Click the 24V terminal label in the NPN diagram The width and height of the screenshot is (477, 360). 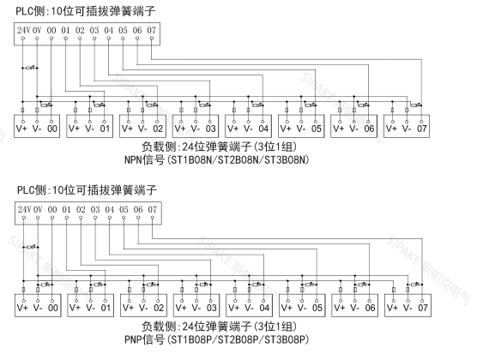23,32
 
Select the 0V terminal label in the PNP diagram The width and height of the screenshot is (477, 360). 38,208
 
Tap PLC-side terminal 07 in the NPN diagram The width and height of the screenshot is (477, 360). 152,32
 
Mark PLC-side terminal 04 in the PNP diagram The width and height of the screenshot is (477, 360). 109,208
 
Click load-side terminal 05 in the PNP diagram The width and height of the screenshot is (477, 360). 317,306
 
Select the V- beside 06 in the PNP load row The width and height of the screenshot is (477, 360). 354,306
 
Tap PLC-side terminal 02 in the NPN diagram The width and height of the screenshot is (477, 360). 81,32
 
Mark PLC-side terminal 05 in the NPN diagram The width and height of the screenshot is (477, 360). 124,32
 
